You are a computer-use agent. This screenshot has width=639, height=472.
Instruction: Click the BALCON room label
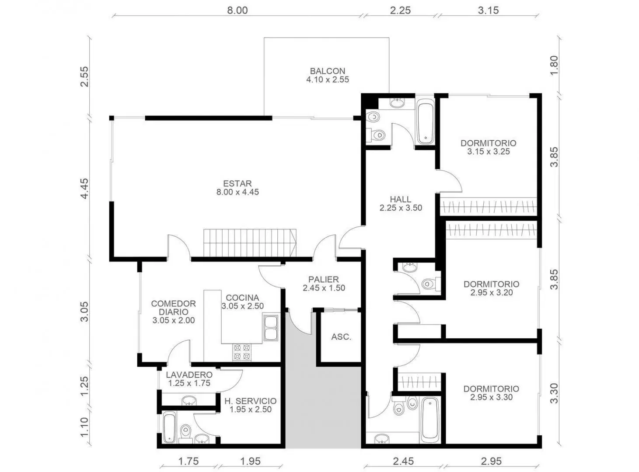tap(327, 75)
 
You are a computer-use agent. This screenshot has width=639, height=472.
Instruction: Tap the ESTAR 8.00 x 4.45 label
tap(237, 188)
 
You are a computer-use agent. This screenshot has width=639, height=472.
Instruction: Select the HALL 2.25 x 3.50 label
tap(401, 203)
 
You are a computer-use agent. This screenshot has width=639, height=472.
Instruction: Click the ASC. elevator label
tap(341, 337)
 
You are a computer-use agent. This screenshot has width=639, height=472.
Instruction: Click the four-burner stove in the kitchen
tap(242, 352)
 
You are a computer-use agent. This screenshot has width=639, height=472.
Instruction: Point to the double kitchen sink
tap(271, 328)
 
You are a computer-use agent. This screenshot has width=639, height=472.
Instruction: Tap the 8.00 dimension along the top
tap(237, 10)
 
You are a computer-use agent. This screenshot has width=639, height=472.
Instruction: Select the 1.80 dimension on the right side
tap(554, 65)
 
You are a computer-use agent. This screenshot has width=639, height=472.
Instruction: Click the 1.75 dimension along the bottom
tap(189, 462)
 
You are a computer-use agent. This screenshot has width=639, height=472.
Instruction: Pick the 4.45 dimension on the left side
tap(85, 188)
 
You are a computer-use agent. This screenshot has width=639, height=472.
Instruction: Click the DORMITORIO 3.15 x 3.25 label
tap(488, 147)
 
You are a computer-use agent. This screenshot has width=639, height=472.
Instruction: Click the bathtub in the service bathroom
tap(169, 427)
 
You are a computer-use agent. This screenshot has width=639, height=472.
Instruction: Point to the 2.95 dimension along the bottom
tap(491, 462)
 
